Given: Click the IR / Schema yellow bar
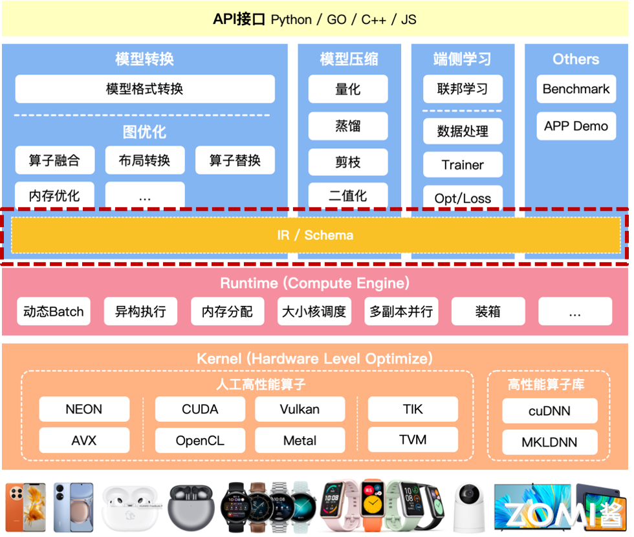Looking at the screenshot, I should pyautogui.click(x=316, y=235).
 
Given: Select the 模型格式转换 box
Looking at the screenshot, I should pyautogui.click(x=145, y=89).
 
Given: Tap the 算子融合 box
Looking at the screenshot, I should pyautogui.click(x=54, y=160).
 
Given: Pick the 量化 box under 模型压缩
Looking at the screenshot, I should pyautogui.click(x=348, y=89).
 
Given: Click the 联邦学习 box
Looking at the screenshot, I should pyautogui.click(x=463, y=89).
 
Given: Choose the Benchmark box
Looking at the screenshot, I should pyautogui.click(x=576, y=89).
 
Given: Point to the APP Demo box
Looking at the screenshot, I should pyautogui.click(x=576, y=126).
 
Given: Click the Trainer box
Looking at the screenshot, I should pyautogui.click(x=463, y=165).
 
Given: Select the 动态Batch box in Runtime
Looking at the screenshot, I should pyautogui.click(x=54, y=311).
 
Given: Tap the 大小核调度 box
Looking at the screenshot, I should pyautogui.click(x=314, y=311).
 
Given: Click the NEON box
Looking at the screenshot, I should pyautogui.click(x=84, y=409).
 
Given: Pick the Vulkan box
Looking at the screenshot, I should pyautogui.click(x=300, y=409).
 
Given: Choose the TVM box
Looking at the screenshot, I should pyautogui.click(x=413, y=440).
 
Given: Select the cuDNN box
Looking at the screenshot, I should pyautogui.click(x=549, y=411).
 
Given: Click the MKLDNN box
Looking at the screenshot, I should pyautogui.click(x=549, y=443).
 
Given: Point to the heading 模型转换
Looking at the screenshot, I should pyautogui.click(x=145, y=60).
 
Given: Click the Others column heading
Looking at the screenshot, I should pyautogui.click(x=576, y=60).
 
